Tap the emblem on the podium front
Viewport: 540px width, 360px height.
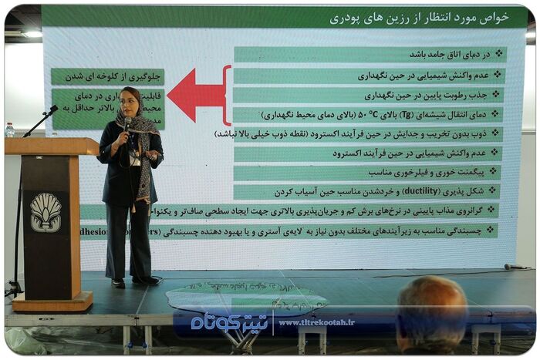46,212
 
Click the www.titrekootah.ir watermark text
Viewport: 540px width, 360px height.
316,322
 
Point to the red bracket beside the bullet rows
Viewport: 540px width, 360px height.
227,95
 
